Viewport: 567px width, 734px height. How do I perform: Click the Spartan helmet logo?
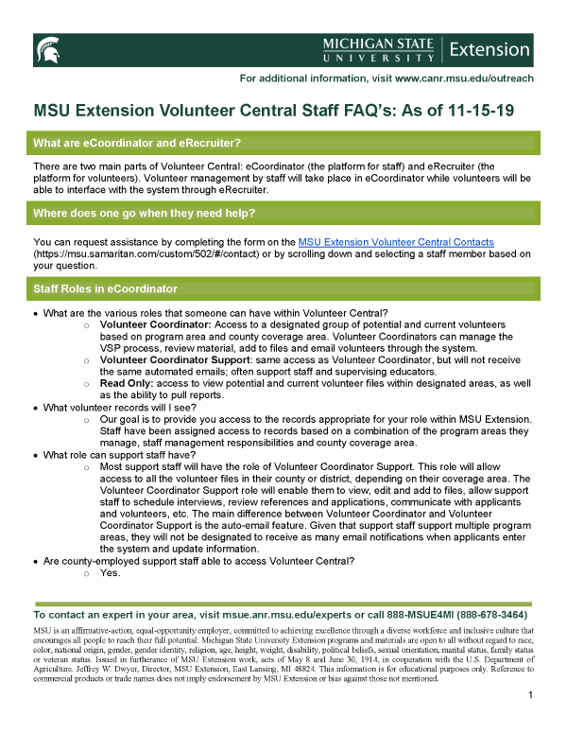(47, 49)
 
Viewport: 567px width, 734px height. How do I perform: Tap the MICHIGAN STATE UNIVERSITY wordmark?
(379, 49)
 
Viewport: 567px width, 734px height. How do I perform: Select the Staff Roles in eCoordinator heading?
(105, 288)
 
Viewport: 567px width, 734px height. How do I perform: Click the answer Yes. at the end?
(110, 573)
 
